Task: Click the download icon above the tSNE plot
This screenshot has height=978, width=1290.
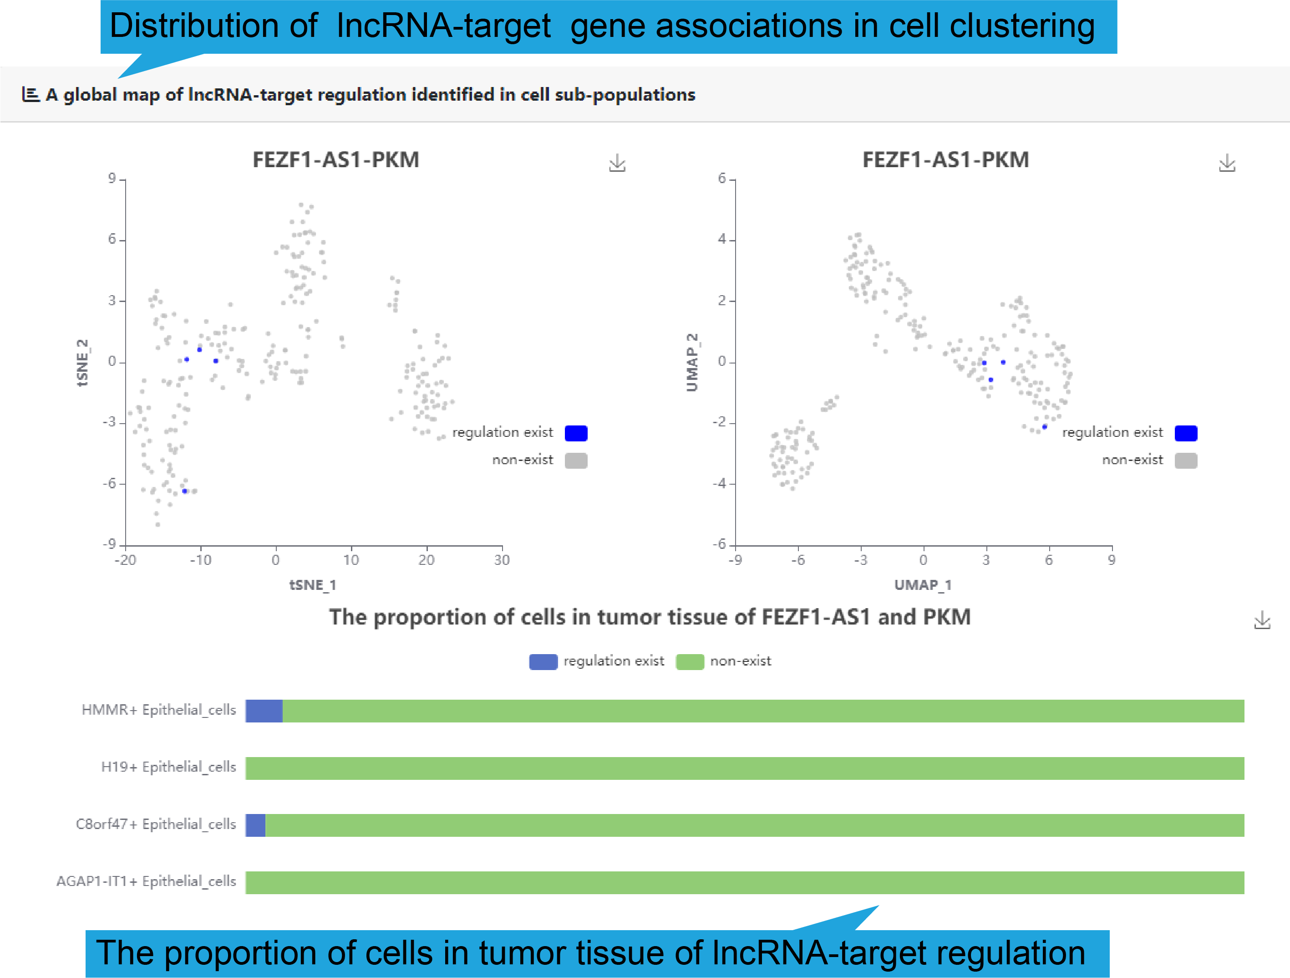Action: [617, 164]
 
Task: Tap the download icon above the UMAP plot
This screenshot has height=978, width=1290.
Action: [1227, 164]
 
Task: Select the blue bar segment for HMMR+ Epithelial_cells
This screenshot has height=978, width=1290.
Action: [264, 711]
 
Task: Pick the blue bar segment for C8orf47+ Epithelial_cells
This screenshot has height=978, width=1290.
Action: [255, 825]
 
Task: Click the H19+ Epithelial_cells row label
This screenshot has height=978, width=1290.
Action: [168, 767]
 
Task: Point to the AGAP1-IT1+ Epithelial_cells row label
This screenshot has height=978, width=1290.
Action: [147, 881]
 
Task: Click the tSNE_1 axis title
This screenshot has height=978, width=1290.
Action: [313, 585]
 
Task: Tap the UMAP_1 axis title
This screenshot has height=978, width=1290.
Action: [923, 585]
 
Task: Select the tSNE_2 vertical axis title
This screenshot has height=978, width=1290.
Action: [83, 363]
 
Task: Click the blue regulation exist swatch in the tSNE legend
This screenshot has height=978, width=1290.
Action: [576, 433]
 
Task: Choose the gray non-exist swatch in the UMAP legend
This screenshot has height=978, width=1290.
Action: [1186, 461]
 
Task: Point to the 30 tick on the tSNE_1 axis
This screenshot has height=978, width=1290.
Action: [502, 560]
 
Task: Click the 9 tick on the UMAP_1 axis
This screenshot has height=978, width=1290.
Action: [1112, 560]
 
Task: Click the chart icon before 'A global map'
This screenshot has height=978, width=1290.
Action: [30, 95]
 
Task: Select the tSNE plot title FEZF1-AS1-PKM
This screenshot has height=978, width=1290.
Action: [335, 160]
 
